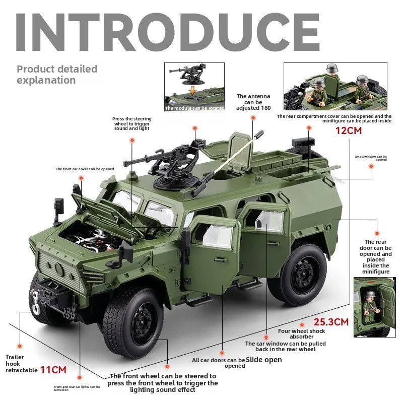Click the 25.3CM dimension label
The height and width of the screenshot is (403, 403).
[331, 321]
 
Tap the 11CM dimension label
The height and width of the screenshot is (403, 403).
[53, 370]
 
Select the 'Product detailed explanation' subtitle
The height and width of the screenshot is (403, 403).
[57, 74]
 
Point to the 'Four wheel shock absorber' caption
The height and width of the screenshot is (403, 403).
[302, 334]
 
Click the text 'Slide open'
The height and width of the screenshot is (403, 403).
[264, 360]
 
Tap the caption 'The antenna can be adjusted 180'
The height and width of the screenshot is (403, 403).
[253, 102]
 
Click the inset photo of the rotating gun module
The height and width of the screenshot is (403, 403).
[194, 87]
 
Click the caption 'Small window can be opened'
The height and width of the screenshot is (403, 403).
[371, 158]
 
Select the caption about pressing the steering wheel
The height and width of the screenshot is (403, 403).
[132, 124]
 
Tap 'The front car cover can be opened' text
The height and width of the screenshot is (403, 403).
[85, 169]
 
